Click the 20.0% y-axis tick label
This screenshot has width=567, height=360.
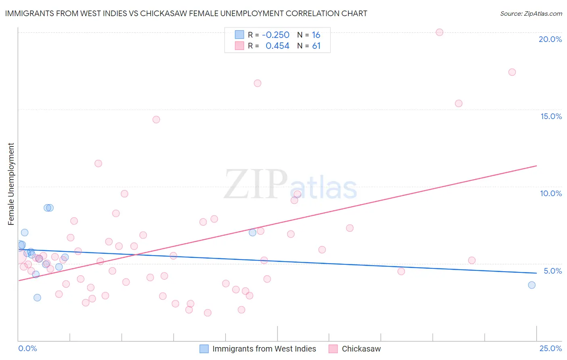550,39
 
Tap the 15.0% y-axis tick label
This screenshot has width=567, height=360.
551,116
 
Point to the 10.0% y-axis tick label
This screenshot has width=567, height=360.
551,193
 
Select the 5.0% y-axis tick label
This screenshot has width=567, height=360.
552,271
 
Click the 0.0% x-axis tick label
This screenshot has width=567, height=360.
27,348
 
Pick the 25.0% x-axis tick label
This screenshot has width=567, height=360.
550,348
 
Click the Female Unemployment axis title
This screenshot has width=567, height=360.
11,184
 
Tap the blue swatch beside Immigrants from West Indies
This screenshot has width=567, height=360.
204,349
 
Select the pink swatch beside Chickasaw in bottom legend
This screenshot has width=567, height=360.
333,349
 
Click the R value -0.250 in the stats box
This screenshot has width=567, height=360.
275,35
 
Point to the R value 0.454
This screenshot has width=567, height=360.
277,46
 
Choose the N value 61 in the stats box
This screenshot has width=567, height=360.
316,46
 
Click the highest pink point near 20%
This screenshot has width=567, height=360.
440,32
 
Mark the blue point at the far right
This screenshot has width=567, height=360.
532,285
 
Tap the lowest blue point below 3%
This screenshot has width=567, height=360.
37,297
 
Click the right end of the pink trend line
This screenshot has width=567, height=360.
537,166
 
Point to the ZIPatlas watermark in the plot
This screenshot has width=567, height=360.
290,185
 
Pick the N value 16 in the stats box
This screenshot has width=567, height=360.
316,35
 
